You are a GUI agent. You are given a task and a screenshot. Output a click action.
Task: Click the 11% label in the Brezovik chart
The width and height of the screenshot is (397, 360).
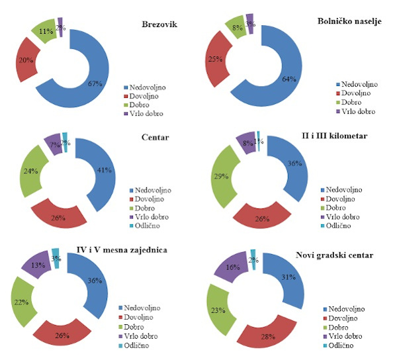click(46, 31)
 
